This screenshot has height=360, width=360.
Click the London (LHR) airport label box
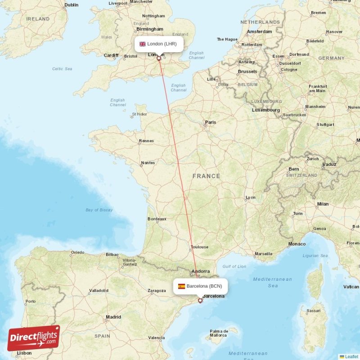(159, 44)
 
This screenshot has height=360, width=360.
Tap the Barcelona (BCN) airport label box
(200, 286)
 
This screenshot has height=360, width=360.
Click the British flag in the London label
(143, 44)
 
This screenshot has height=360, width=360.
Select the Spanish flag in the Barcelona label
(181, 286)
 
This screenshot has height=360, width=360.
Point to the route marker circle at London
(159, 58)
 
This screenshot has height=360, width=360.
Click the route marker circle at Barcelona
(200, 301)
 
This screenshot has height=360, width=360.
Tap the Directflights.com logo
(34, 338)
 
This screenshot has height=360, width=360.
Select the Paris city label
(210, 122)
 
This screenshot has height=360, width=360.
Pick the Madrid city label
(113, 317)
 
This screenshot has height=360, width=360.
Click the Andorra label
(200, 271)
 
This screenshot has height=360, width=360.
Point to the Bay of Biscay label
(99, 210)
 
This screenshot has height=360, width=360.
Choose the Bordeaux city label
(157, 219)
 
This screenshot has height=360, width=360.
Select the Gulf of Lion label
(234, 266)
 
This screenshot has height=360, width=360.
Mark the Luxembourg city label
(265, 110)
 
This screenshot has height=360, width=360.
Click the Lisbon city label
(24, 353)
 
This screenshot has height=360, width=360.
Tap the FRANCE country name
(206, 176)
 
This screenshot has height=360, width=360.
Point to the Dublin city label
(71, 5)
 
